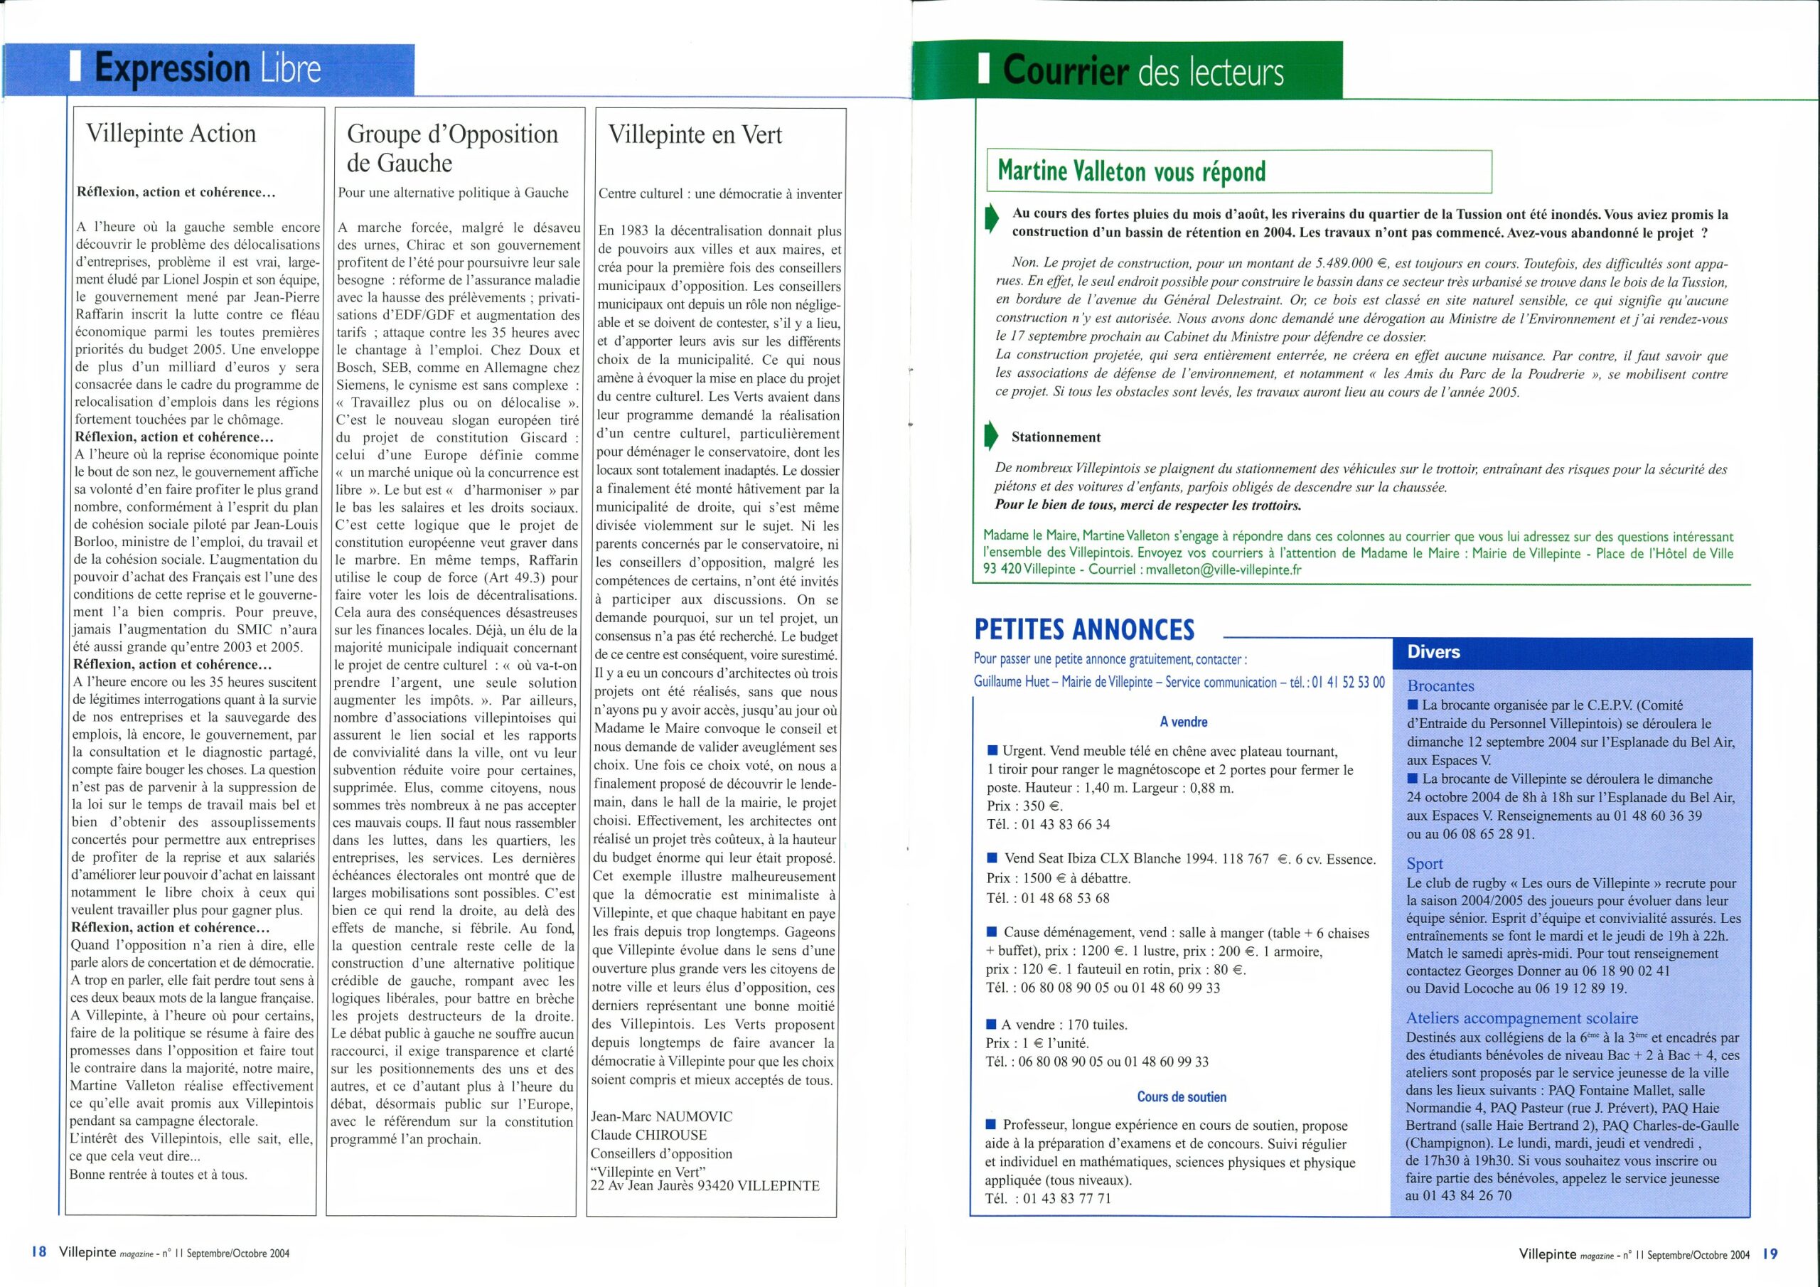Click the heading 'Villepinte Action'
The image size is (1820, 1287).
[171, 133]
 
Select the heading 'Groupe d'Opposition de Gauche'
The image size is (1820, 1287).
[452, 149]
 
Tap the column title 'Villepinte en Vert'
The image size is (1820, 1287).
[695, 135]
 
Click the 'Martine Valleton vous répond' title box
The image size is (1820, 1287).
[1238, 171]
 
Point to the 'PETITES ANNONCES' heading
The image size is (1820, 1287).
[1083, 629]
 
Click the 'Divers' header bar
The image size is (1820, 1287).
[1434, 652]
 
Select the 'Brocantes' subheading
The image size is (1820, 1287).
[1440, 686]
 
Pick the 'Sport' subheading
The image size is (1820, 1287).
[1425, 863]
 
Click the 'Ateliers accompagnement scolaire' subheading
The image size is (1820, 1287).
[1521, 1018]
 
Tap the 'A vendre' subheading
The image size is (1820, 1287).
[1184, 722]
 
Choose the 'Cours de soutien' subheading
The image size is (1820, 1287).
[1181, 1096]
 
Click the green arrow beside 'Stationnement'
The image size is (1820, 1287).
[991, 437]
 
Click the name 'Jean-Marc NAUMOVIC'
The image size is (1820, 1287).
[661, 1116]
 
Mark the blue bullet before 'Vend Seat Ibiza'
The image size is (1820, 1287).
[992, 859]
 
